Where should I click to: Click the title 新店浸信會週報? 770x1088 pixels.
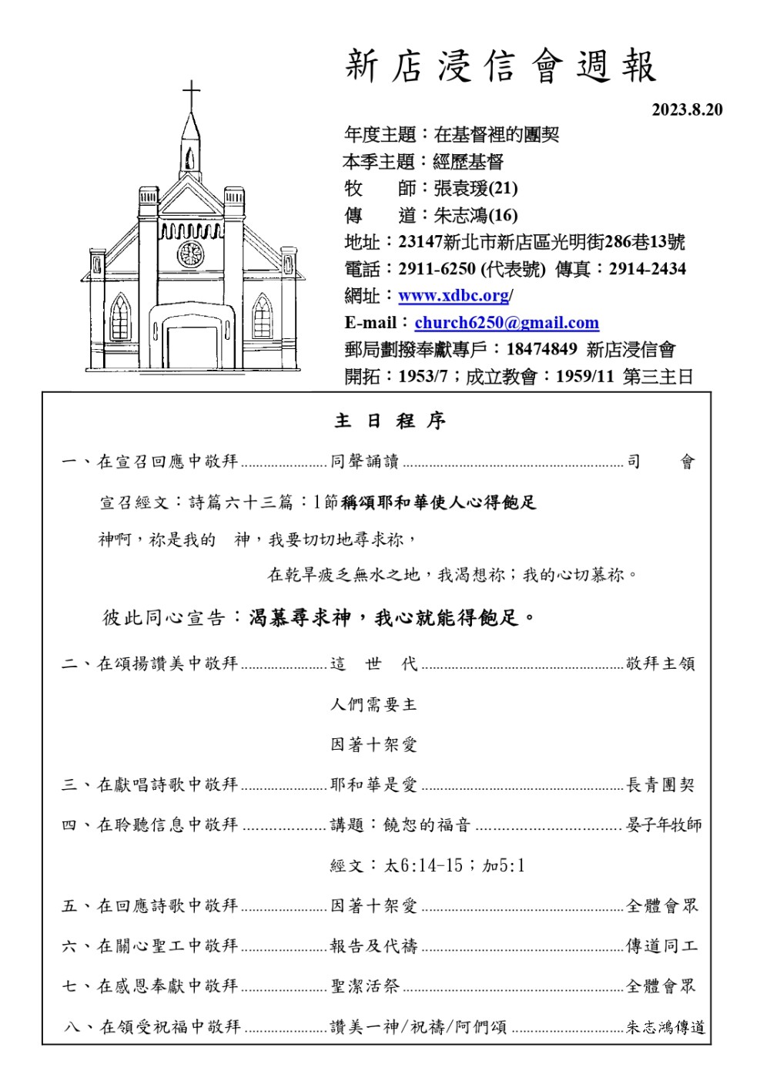[x=500, y=66]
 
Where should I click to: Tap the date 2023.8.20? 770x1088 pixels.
[x=687, y=109]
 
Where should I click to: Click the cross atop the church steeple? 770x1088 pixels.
[x=191, y=96]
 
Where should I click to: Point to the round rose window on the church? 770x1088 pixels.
[x=190, y=253]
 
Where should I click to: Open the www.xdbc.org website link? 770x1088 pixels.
[x=454, y=296]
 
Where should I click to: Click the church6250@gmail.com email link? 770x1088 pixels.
[x=507, y=323]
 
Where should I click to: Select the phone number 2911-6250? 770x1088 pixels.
[x=437, y=269]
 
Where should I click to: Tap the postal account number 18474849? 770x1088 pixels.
[x=541, y=349]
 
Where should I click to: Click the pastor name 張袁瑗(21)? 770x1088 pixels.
[x=475, y=188]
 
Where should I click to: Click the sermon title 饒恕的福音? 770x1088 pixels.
[x=427, y=825]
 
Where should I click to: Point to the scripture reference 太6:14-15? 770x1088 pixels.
[x=423, y=865]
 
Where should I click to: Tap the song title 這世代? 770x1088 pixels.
[x=373, y=663]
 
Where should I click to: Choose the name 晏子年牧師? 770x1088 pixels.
[x=664, y=825]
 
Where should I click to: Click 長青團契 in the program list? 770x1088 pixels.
[x=661, y=785]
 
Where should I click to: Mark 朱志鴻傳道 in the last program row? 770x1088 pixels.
[x=665, y=1027]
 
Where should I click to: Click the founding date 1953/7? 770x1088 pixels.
[x=423, y=377]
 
